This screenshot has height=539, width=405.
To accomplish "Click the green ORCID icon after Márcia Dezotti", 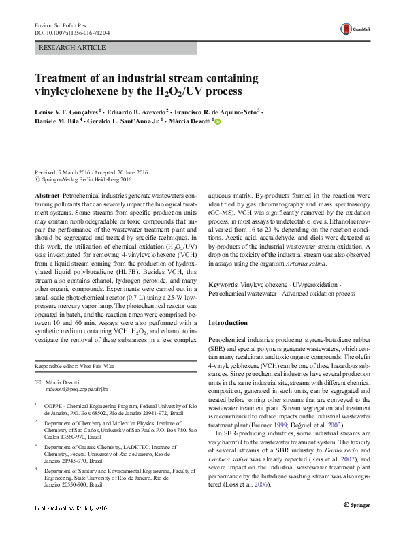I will point(218,121).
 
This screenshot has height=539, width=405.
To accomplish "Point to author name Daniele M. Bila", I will point(57,121).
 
